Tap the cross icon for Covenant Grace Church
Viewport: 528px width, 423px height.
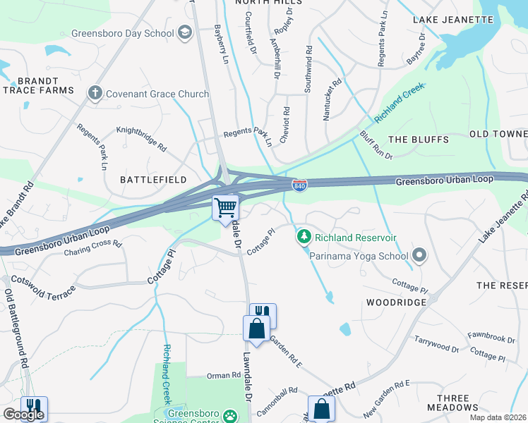click(95, 93)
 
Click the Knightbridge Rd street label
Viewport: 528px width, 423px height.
click(141, 140)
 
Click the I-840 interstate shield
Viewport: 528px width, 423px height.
click(299, 185)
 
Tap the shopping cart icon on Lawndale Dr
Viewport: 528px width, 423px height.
click(226, 208)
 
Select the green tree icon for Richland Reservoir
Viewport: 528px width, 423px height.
click(304, 238)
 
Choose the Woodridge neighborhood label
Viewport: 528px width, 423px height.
click(395, 302)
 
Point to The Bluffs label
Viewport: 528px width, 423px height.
click(418, 140)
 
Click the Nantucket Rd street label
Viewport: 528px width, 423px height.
click(332, 99)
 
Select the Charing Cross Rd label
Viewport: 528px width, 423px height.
click(93, 248)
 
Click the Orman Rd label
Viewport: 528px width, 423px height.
click(224, 375)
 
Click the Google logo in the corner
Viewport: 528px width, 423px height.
click(23, 415)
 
